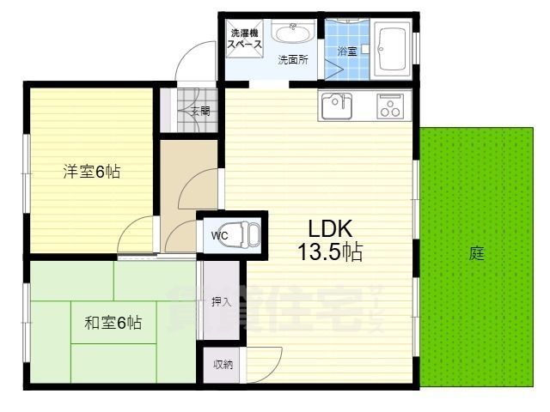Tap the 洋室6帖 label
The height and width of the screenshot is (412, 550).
(x=91, y=172)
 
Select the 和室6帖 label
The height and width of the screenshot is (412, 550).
(x=113, y=323)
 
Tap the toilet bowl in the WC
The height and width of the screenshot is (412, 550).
(x=248, y=234)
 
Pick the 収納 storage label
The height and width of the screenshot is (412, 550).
(x=223, y=365)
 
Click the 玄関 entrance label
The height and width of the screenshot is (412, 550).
(x=200, y=111)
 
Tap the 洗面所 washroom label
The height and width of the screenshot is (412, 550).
(x=293, y=60)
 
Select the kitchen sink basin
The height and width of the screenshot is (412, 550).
(x=337, y=106)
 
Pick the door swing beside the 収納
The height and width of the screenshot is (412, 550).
(x=264, y=361)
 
